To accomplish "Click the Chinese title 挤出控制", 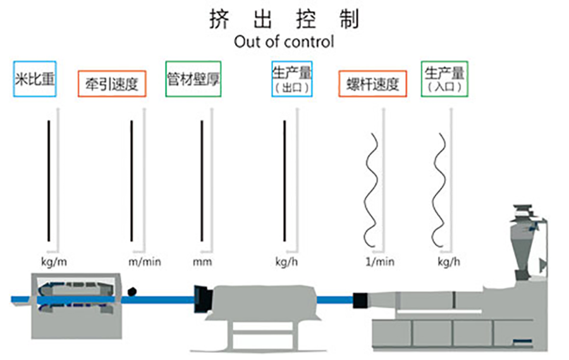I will (x=284, y=19).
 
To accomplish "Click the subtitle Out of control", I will (x=284, y=42).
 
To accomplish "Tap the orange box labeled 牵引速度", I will (x=112, y=84).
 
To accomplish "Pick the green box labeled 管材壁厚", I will (x=193, y=79).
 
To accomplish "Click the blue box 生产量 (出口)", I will (x=291, y=79).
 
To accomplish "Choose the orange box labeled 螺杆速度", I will (x=372, y=84).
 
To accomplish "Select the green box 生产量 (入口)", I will (x=444, y=79).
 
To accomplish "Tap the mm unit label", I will (x=202, y=261).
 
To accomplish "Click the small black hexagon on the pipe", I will (x=132, y=291).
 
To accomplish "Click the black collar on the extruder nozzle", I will (x=360, y=302).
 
